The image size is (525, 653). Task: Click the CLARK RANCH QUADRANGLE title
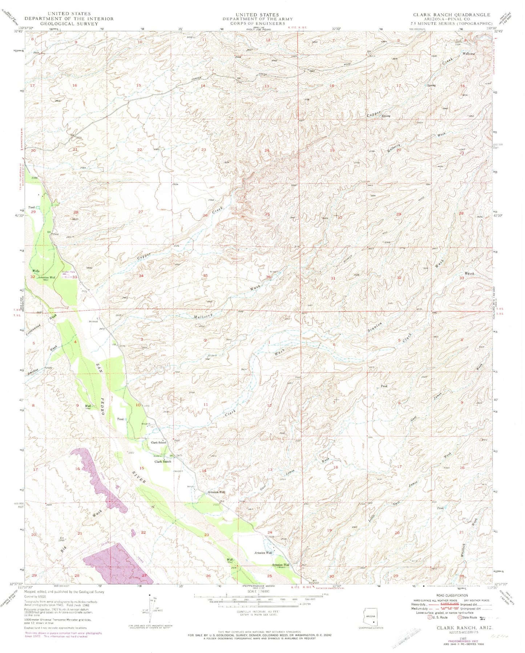pyautogui.click(x=451, y=15)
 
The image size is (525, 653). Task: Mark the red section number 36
pyautogui.click(x=268, y=277)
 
